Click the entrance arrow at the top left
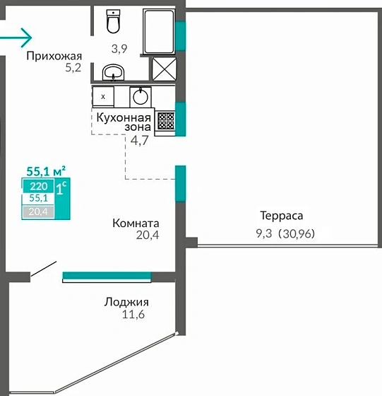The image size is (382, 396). [x=16, y=35]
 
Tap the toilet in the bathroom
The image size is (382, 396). [x=113, y=22]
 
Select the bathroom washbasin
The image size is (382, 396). [x=113, y=71]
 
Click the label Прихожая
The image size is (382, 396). [x=54, y=56]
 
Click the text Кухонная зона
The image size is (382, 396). [x=124, y=122]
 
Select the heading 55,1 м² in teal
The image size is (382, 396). [x=46, y=170]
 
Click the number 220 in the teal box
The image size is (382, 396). [x=37, y=187]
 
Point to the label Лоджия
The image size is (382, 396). [x=126, y=302]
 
